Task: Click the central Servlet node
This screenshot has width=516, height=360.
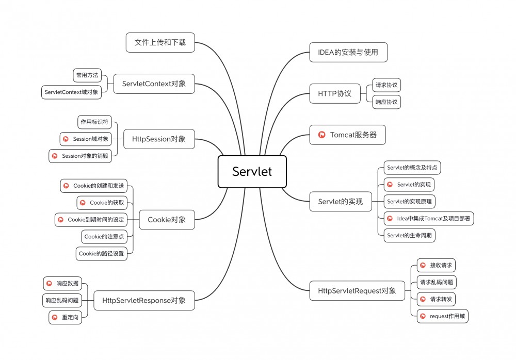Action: point(252,172)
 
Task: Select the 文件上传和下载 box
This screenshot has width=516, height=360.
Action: point(160,42)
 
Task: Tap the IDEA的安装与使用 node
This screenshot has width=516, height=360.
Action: point(348,52)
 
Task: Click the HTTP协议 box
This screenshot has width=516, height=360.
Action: point(334,93)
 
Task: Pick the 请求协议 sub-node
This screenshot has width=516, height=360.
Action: point(386,85)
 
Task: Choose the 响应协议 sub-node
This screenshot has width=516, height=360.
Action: point(386,102)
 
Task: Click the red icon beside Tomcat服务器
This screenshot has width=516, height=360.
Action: point(321,135)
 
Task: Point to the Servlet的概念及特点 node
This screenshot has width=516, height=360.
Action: point(412,168)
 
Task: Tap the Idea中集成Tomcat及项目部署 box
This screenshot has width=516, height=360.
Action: point(429,218)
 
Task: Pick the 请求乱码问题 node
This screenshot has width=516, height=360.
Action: point(437,282)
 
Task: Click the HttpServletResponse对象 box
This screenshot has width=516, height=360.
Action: point(144,300)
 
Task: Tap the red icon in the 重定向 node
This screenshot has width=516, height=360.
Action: point(54,317)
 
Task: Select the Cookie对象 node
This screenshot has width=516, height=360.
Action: point(167,220)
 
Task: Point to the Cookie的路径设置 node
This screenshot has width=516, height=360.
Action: point(101,253)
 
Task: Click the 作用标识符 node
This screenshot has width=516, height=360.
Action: point(94,122)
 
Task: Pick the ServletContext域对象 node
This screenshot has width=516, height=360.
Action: point(71,92)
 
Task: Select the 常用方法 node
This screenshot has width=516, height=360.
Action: point(87,75)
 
